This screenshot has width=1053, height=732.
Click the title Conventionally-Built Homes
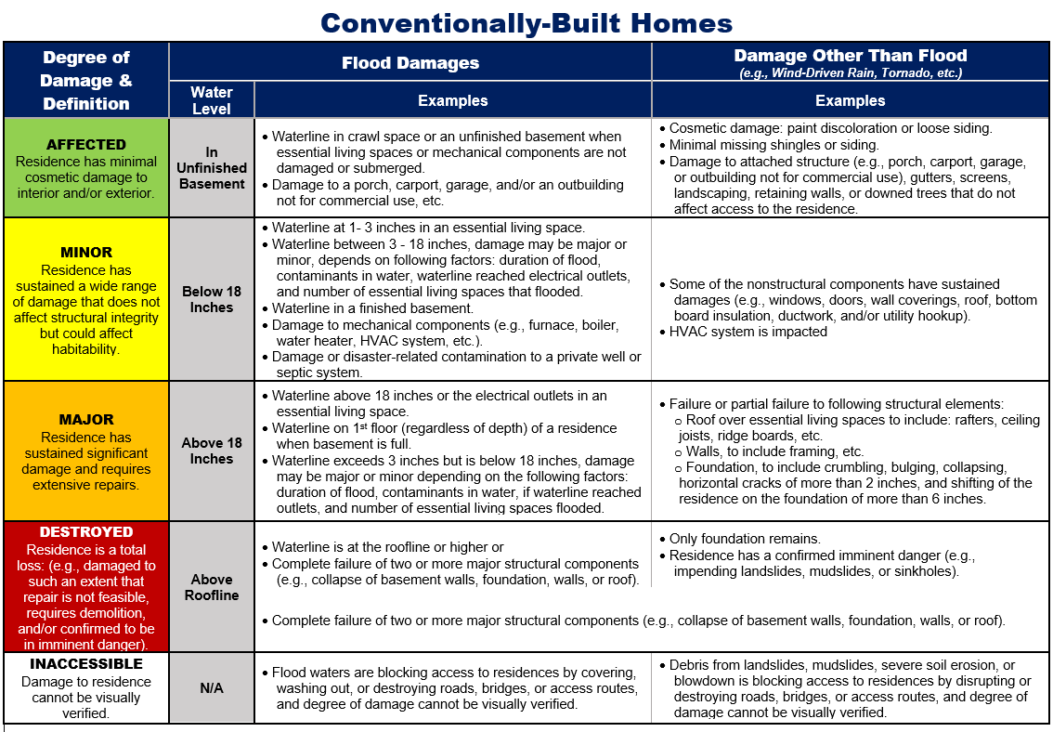pyautogui.click(x=526, y=22)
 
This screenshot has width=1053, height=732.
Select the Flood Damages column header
pyautogui.click(x=410, y=63)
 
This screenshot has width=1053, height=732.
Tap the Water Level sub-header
pyautogui.click(x=212, y=100)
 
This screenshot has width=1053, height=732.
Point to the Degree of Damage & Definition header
pyautogui.click(x=86, y=80)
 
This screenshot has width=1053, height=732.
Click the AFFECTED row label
pyautogui.click(x=86, y=145)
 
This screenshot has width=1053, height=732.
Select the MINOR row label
pyautogui.click(x=86, y=252)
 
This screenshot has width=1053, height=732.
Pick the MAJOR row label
pyautogui.click(x=86, y=419)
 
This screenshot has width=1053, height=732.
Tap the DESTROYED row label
pyautogui.click(x=86, y=532)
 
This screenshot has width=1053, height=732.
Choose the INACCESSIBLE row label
pyautogui.click(x=86, y=664)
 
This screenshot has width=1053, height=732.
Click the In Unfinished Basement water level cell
pyautogui.click(x=212, y=168)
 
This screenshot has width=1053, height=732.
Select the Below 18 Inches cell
pyautogui.click(x=212, y=299)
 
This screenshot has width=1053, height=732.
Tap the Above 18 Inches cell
pyautogui.click(x=212, y=451)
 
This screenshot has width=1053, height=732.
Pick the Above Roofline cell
pyautogui.click(x=212, y=587)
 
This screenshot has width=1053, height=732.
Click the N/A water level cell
pyautogui.click(x=212, y=688)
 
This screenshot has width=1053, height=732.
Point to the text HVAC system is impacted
pyautogui.click(x=747, y=332)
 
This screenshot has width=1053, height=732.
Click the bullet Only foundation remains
pyautogui.click(x=745, y=539)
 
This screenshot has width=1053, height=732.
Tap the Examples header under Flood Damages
pyautogui.click(x=452, y=100)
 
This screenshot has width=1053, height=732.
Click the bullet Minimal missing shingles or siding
pyautogui.click(x=773, y=145)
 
